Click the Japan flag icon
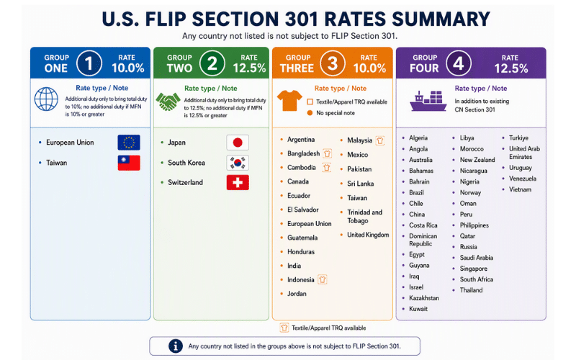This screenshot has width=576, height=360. [x=238, y=143]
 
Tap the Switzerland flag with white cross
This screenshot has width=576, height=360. [x=238, y=183]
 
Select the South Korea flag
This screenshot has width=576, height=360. [x=238, y=163]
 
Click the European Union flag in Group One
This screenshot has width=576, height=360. [x=129, y=143]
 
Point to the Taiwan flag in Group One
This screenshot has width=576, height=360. [x=129, y=163]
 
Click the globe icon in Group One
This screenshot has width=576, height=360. [x=46, y=99]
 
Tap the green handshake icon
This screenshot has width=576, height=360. [x=168, y=102]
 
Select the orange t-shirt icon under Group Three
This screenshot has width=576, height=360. [x=289, y=101]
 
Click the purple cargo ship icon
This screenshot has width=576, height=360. [x=428, y=101]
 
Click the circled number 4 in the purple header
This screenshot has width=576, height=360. [x=459, y=63]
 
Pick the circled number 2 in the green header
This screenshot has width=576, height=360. [x=212, y=63]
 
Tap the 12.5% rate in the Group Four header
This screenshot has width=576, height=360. [x=511, y=68]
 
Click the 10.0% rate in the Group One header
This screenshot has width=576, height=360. [x=128, y=68]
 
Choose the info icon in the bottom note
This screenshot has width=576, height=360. [x=176, y=346]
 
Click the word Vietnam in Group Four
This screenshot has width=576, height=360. [x=520, y=189]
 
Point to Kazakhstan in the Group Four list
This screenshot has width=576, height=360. [x=424, y=298]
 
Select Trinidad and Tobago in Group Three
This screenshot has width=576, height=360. [x=365, y=217]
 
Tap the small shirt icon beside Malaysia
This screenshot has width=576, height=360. [x=380, y=140]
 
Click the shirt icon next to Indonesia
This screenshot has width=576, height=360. [x=322, y=280]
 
